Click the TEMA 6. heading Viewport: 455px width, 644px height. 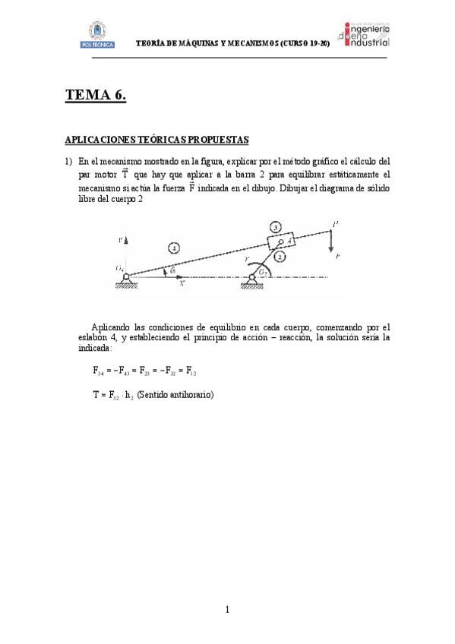click(x=95, y=95)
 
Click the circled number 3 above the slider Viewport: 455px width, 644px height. click(x=276, y=226)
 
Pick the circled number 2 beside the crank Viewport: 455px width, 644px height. click(x=280, y=257)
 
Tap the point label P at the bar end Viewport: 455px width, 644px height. click(x=335, y=223)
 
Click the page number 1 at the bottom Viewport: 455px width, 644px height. click(x=227, y=608)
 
